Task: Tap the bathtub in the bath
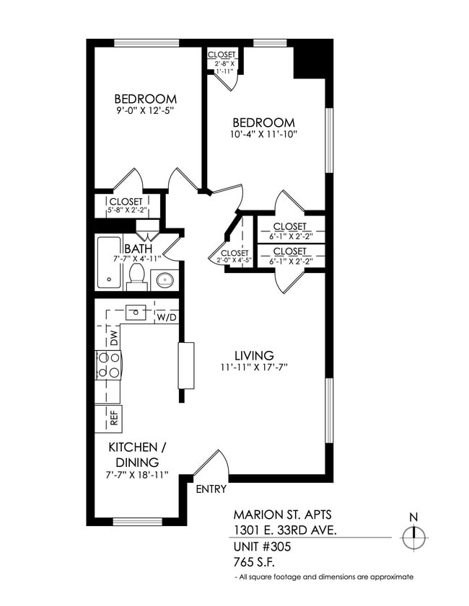coord(110,263)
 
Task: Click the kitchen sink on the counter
coord(136,313)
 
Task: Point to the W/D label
coord(167,316)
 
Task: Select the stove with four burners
coord(108,365)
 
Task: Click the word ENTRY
coord(211,489)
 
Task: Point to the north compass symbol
coord(414,536)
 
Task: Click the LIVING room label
coord(253,356)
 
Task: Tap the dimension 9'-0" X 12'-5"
coord(145,111)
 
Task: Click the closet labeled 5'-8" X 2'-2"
coord(126,206)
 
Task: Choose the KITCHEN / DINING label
coord(133,454)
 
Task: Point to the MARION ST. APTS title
coord(277,515)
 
